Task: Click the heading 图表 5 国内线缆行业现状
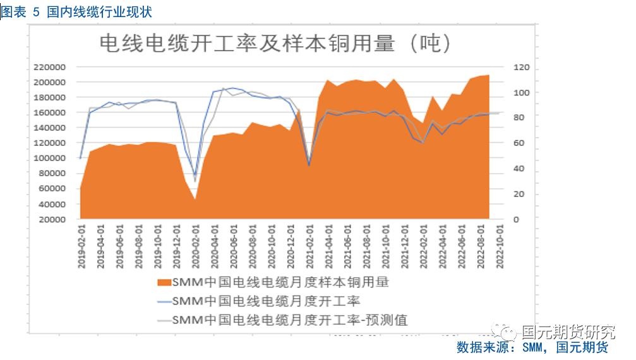(76, 12)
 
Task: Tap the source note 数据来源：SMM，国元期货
(532, 347)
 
